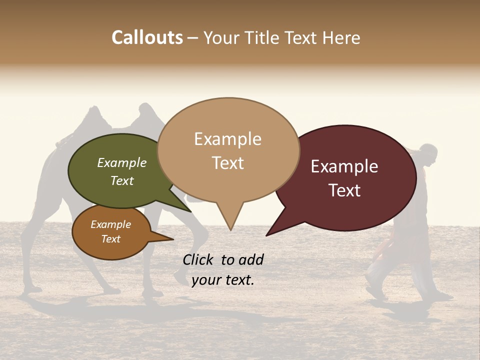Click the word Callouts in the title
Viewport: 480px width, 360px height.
pos(147,37)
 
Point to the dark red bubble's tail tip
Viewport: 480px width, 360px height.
pos(267,235)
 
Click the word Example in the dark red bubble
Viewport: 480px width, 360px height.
pos(344,166)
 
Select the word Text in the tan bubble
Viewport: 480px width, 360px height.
pos(228,163)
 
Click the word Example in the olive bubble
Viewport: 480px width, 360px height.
pos(122,162)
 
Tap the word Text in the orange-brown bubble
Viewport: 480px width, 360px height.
pos(110,239)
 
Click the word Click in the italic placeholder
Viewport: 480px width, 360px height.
pos(198,259)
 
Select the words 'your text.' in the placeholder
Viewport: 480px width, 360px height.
pos(223,280)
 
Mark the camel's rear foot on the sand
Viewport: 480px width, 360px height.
pos(32,288)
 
